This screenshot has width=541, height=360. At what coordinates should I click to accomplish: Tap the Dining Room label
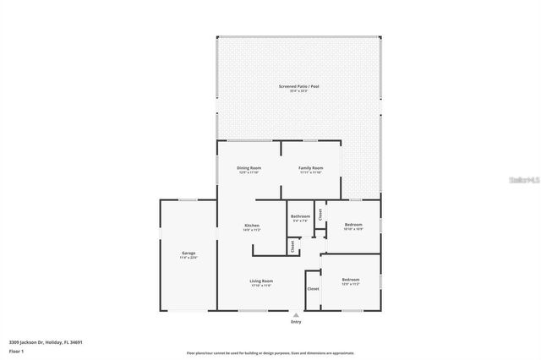pos(249,168)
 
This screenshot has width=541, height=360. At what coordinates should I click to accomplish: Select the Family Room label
pos(311,168)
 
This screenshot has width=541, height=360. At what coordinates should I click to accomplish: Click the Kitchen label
pos(252,226)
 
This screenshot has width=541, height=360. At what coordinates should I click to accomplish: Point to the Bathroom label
pos(301,216)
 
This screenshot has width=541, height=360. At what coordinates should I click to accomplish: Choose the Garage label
pos(188,253)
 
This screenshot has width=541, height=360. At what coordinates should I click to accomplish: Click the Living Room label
pos(260,281)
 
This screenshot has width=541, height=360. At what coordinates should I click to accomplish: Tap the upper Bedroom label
pos(353,225)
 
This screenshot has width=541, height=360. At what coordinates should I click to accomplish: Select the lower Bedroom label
pos(350,280)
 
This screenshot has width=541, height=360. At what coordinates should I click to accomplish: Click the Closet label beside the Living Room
pos(313,289)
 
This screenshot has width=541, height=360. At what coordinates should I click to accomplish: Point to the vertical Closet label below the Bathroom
pos(292,247)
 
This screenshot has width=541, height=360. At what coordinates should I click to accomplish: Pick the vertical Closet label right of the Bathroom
pos(321,215)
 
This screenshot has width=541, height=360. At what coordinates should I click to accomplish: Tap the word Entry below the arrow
pos(295,322)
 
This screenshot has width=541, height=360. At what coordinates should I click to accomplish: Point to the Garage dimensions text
pos(188,258)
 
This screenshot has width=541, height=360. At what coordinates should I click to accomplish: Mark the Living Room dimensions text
pos(260,286)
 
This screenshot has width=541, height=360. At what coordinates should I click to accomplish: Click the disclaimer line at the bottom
pos(270,353)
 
